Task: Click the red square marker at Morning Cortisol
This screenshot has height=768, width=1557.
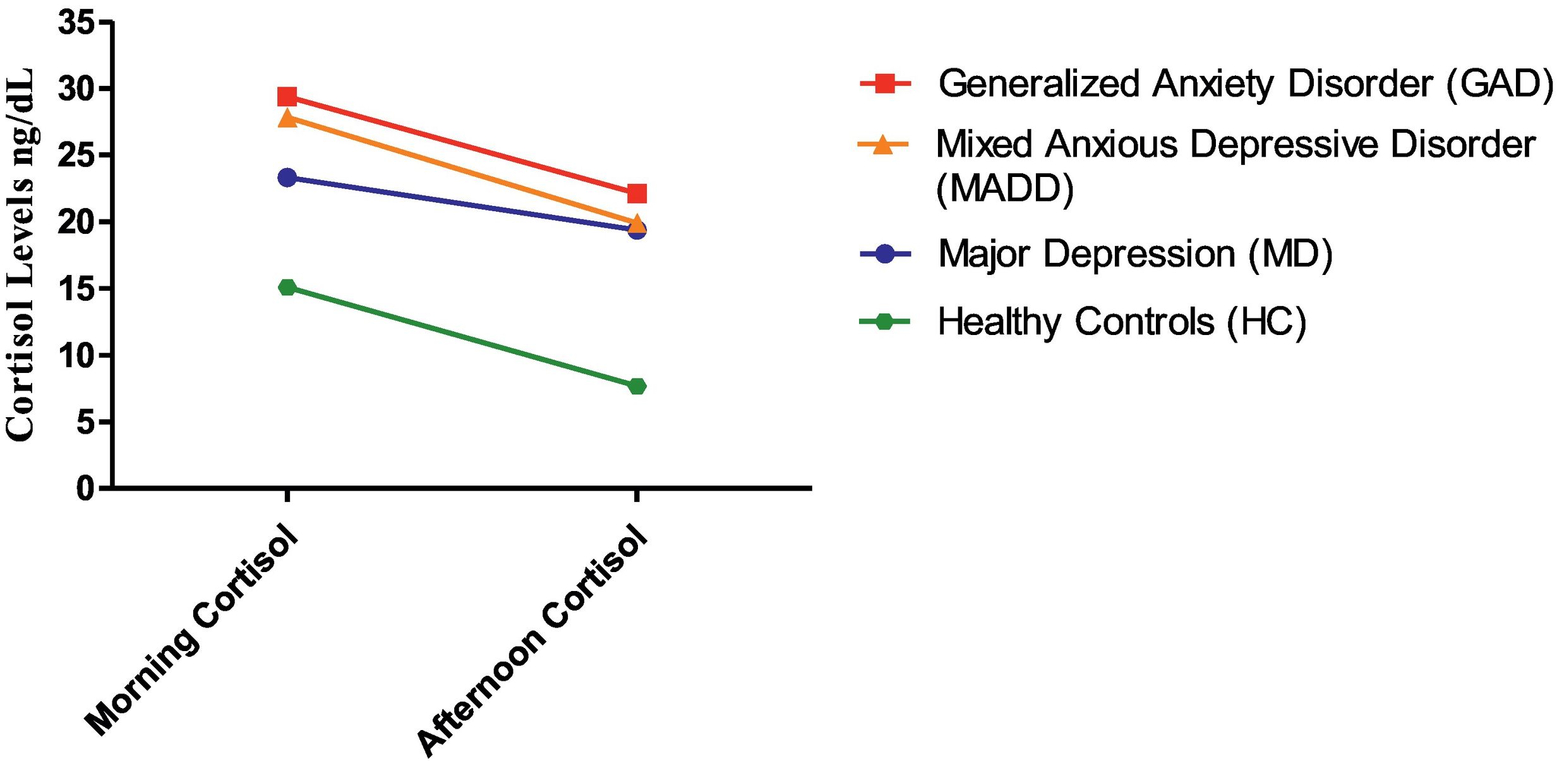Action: tap(287, 97)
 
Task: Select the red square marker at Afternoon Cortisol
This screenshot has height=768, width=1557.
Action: tap(637, 193)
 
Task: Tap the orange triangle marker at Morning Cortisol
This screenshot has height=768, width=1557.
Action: tap(287, 118)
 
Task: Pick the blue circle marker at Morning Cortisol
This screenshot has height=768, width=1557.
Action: tap(287, 178)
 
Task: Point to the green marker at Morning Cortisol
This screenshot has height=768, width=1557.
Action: tap(287, 288)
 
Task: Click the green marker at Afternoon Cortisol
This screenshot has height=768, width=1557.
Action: tap(637, 386)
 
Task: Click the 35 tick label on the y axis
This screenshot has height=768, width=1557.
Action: tap(76, 23)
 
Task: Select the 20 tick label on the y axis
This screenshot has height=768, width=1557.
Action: tap(76, 222)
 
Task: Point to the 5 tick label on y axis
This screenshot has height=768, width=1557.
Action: tap(86, 422)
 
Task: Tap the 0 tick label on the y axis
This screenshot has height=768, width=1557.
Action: tap(86, 489)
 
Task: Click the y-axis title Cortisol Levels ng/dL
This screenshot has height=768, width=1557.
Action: tap(20, 253)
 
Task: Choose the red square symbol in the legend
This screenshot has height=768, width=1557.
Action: tap(885, 83)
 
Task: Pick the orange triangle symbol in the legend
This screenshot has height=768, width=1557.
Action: tap(883, 145)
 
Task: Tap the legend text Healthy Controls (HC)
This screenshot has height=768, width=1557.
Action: tap(1122, 322)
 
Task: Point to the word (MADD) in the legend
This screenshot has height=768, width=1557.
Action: tap(1004, 188)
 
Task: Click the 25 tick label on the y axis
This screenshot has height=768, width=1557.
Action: tap(76, 155)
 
